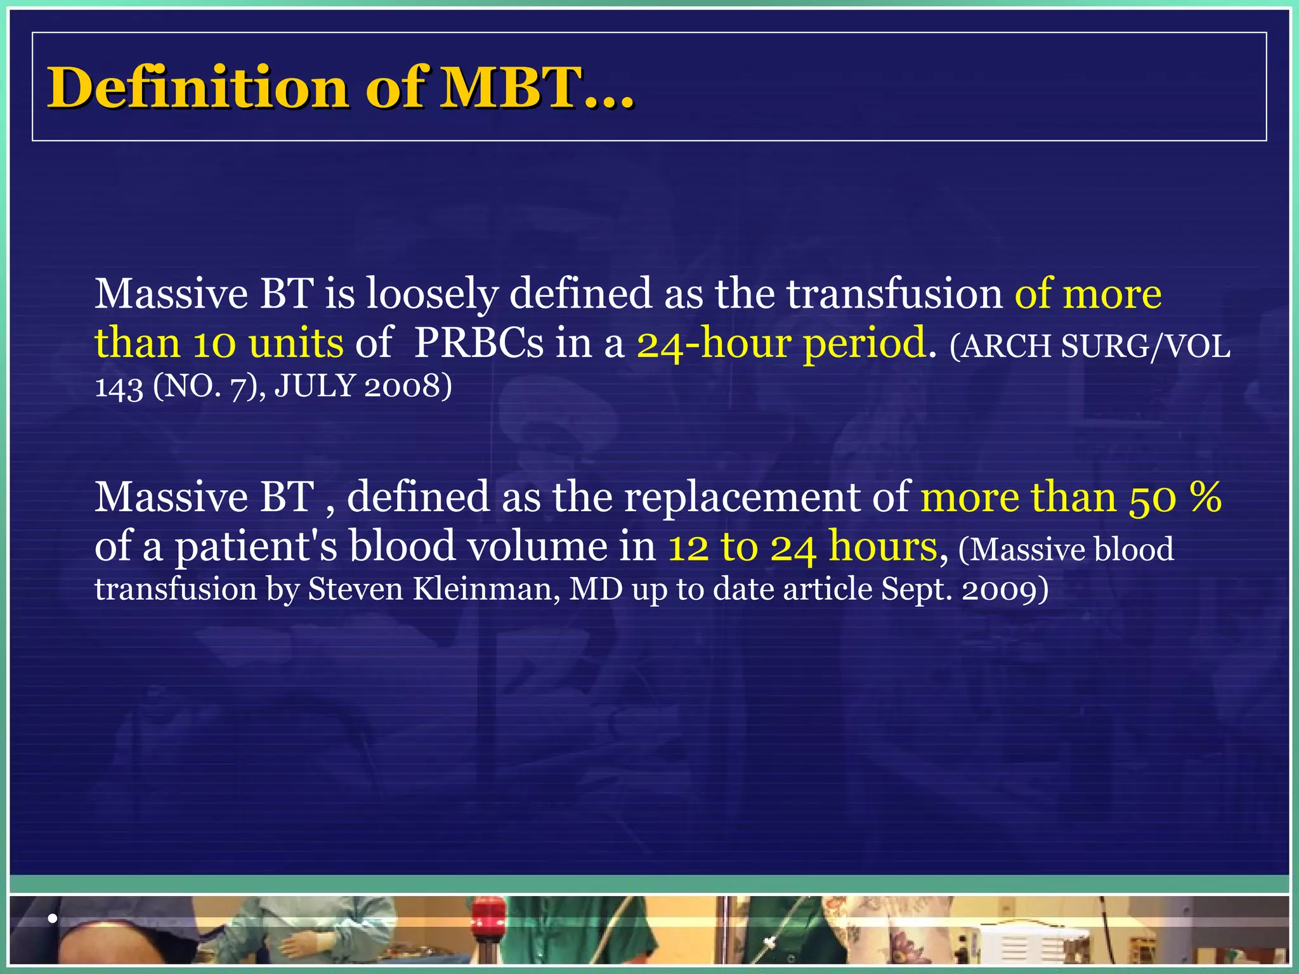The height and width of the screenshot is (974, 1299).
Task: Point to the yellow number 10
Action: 214,343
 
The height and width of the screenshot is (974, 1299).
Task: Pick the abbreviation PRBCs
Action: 479,343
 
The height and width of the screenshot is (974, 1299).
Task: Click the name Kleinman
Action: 486,589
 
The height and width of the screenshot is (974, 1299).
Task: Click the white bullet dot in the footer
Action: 53,918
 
